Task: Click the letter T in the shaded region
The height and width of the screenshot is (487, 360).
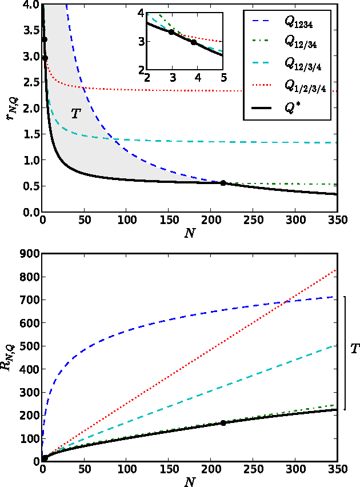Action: point(75,114)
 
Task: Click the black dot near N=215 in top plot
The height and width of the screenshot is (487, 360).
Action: point(223,183)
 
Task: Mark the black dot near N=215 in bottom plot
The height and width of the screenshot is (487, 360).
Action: point(223,423)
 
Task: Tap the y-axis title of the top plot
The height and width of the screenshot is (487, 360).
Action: point(11,109)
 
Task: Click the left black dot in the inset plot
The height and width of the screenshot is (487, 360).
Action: point(171,32)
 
